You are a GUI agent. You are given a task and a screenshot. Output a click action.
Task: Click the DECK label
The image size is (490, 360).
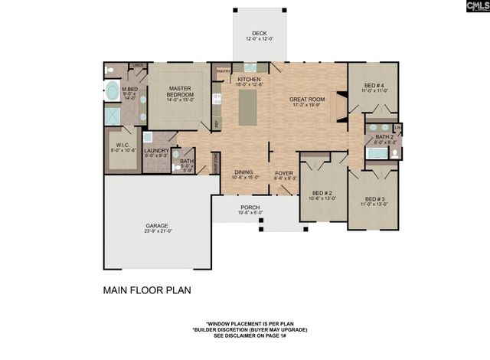coord(255,34)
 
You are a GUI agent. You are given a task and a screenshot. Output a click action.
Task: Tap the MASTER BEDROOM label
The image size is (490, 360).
coord(179,90)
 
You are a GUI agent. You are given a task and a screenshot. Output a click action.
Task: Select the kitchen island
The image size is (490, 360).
coord(250,109)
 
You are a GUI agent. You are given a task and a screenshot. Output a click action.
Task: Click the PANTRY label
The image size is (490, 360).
coord(224,71)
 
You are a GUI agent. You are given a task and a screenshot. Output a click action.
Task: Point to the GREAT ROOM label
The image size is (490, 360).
coord(308,100)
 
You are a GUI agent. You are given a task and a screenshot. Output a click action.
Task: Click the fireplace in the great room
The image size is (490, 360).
coord(335,112)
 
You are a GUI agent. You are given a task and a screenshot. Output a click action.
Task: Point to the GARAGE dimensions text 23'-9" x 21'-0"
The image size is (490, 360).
coord(158,231)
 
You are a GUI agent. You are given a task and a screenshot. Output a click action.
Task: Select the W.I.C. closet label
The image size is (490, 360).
coord(123,146)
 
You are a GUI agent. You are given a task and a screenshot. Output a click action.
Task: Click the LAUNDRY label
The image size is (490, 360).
coord(155,151)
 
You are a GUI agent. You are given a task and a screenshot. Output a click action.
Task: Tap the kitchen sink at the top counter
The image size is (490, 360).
coord(250,68)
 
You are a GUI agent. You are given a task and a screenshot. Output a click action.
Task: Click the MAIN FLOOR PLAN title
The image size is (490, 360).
coord(146,291)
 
